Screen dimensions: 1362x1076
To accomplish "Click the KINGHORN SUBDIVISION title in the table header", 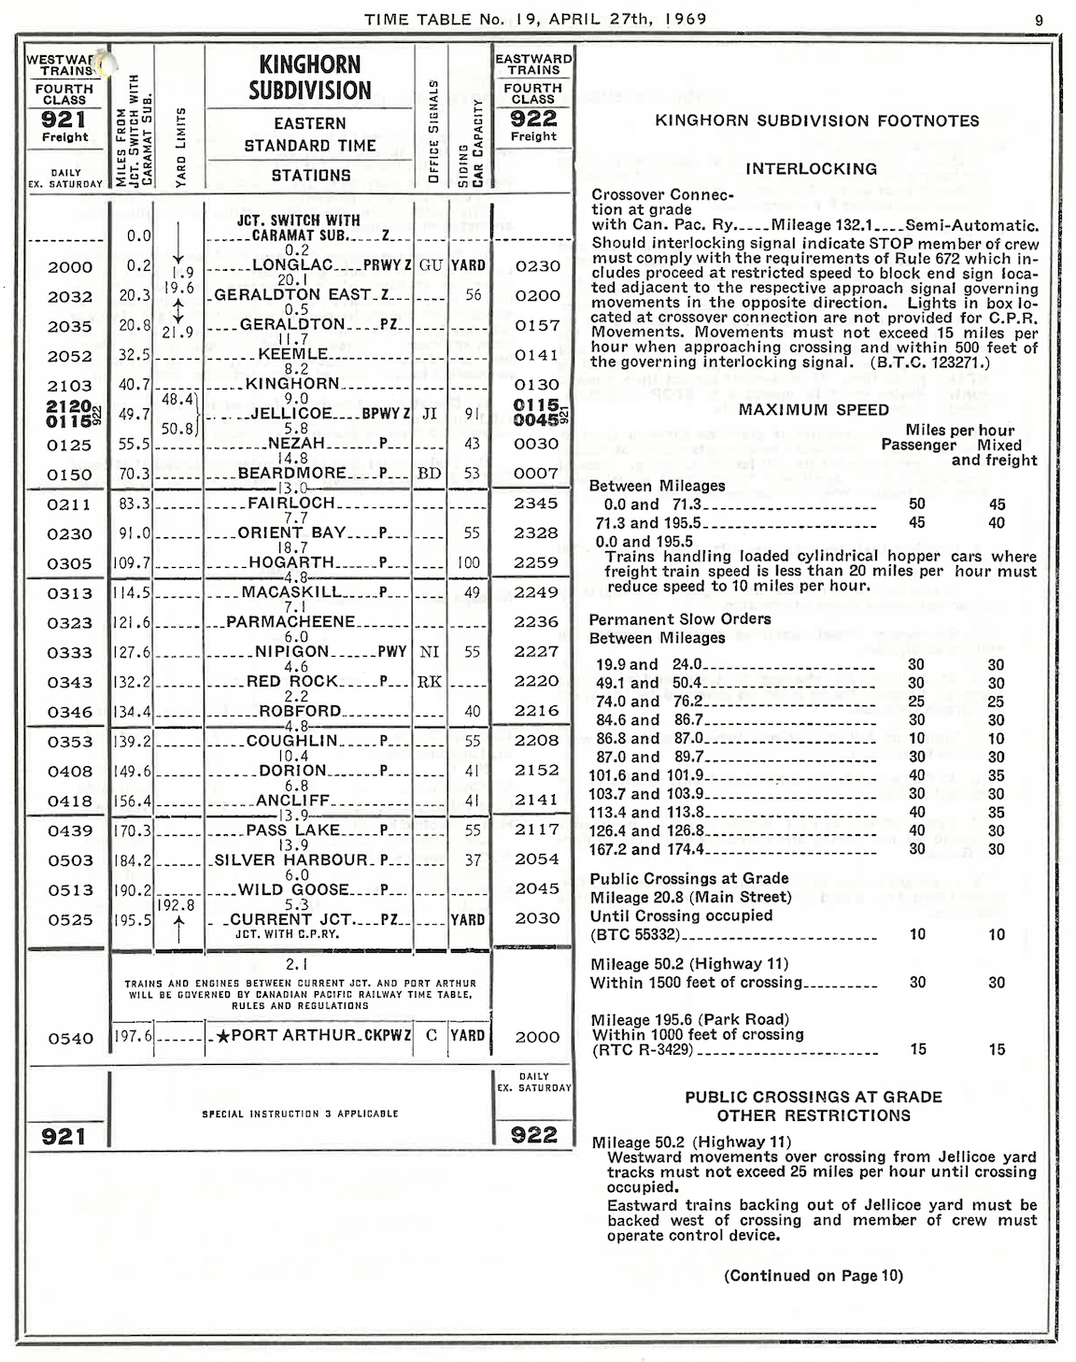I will [310, 78].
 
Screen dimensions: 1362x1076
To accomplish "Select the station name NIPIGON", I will [292, 652].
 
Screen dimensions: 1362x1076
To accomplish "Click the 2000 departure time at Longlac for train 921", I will [70, 267].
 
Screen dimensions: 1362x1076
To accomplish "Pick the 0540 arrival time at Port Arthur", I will [70, 1038].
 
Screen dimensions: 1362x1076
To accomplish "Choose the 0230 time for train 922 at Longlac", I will [537, 266].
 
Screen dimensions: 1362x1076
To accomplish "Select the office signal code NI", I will [430, 652].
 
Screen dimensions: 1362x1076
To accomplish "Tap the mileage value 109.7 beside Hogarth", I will [132, 563].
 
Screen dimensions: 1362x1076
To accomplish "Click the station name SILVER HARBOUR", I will [291, 859].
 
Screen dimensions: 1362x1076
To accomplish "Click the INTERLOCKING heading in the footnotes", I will [811, 169].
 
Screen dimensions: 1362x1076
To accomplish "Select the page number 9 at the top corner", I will [1039, 19].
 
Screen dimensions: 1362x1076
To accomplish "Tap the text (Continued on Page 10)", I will [813, 1276].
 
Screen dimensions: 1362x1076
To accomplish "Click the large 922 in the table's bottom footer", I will [533, 1135].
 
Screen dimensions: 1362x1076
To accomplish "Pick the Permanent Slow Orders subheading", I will [680, 619].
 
